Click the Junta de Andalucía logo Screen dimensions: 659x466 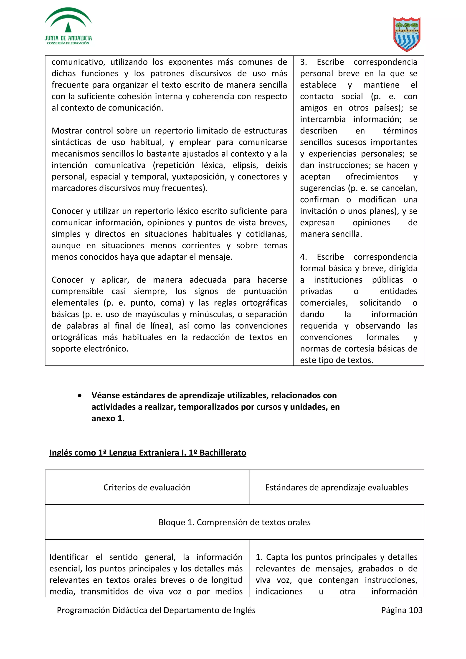68,26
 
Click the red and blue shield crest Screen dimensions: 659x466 407,34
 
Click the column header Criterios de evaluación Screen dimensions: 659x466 147,487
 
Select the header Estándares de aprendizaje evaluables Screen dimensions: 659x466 336,487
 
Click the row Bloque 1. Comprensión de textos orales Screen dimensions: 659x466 234,522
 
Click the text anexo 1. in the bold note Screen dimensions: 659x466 108,418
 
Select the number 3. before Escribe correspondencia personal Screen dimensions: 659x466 304,62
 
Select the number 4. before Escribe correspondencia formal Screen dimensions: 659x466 304,257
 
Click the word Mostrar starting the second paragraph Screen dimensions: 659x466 67,131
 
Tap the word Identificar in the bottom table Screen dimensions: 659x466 69,557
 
